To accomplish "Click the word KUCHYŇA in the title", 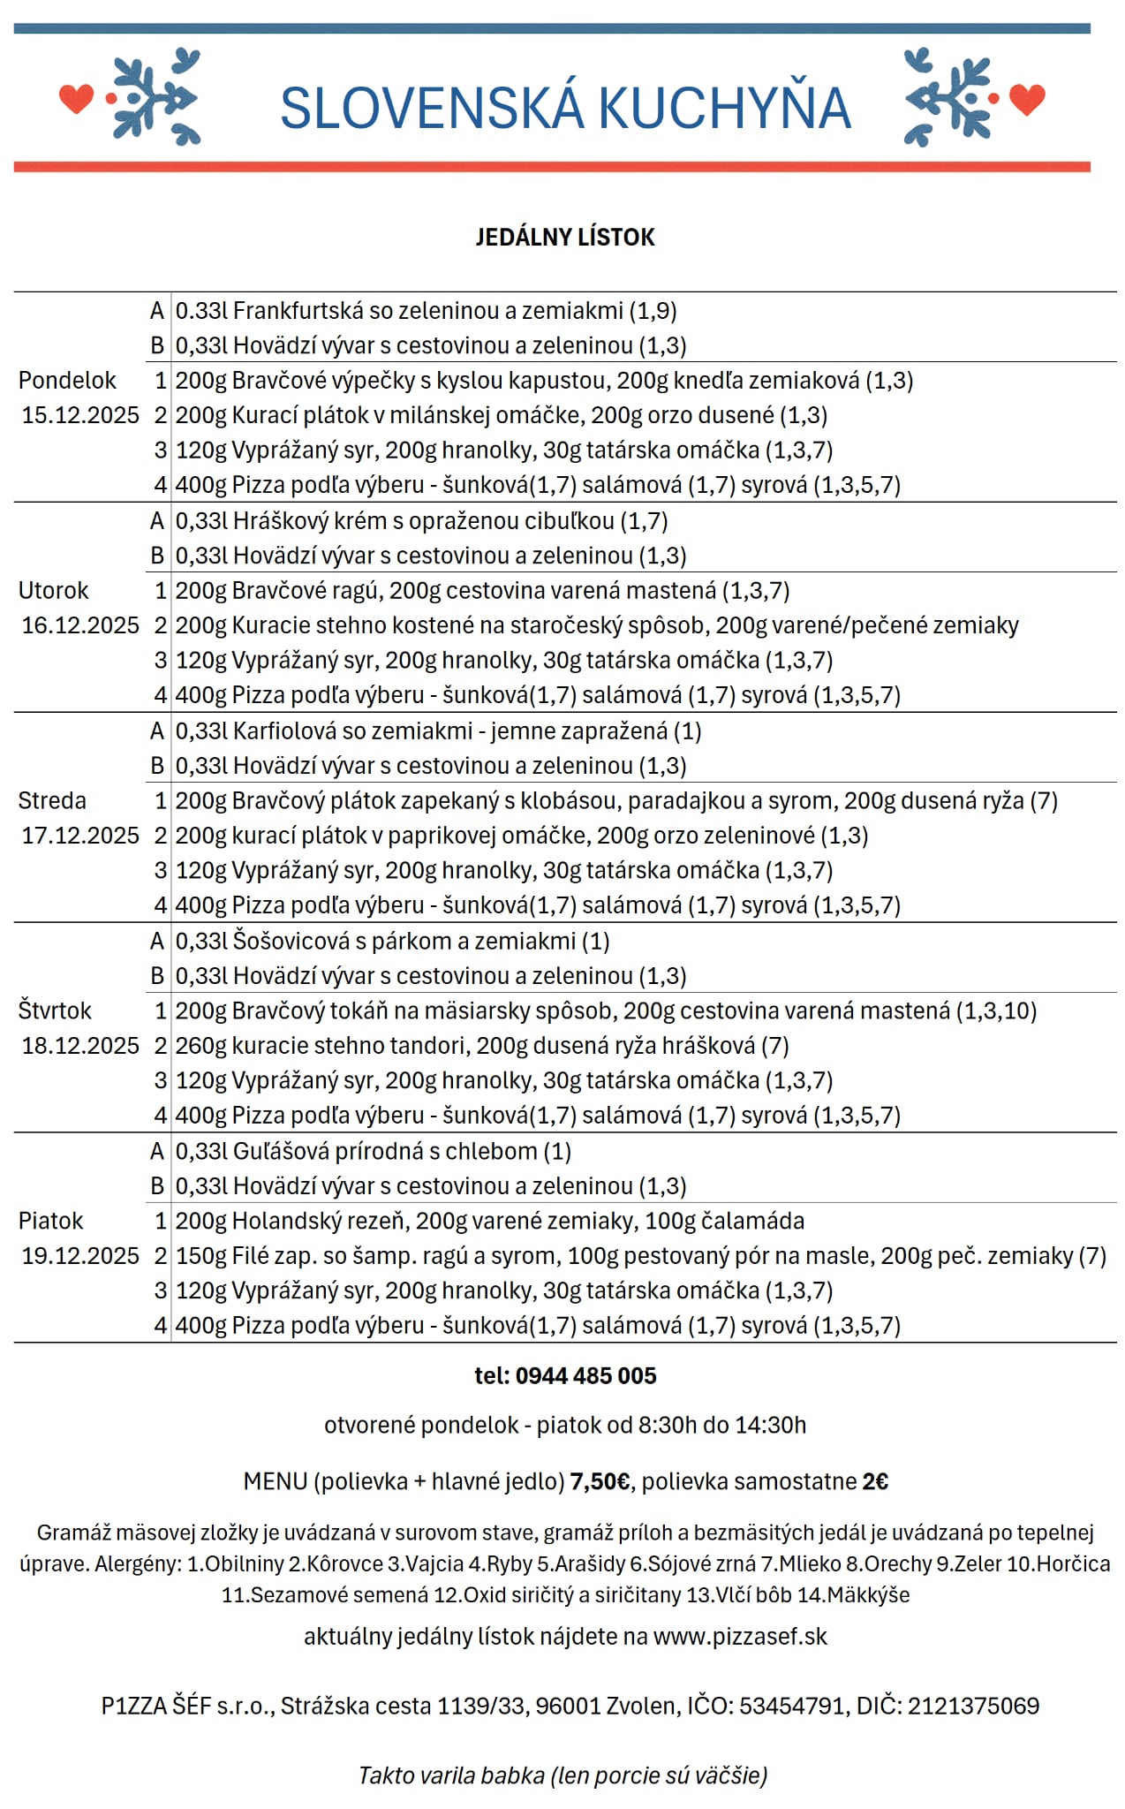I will (x=724, y=108).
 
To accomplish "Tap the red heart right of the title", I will (x=1027, y=98).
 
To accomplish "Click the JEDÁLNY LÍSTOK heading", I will (x=565, y=237).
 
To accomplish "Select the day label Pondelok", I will (x=67, y=381).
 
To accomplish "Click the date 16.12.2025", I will (x=80, y=625).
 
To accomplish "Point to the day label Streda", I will (x=52, y=801).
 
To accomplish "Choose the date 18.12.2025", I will (x=80, y=1046).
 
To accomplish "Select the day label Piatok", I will (x=50, y=1222).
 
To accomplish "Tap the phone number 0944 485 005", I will (x=585, y=1376).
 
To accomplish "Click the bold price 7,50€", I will (x=600, y=1481).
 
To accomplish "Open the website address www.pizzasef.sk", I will (x=740, y=1637).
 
